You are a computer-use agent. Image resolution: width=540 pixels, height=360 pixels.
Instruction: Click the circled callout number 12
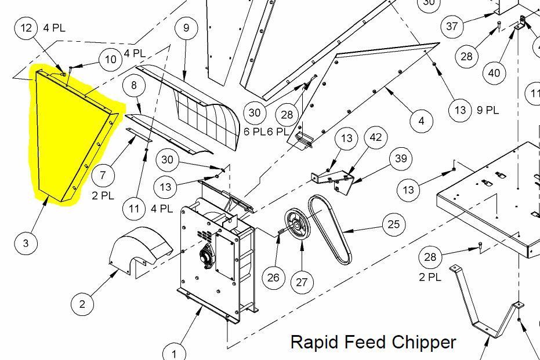[27, 28]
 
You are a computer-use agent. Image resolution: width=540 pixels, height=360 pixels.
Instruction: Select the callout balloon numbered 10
[111, 59]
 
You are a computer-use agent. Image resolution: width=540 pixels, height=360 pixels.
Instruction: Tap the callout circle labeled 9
[186, 28]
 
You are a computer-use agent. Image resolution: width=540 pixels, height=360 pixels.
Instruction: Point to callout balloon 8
[135, 86]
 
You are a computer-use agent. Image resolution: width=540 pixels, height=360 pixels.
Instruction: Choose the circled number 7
[103, 174]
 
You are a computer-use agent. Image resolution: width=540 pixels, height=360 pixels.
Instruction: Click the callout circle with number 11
[135, 208]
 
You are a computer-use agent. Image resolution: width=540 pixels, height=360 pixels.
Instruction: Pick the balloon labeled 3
[26, 243]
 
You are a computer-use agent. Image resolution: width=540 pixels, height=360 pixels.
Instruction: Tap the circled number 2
[82, 303]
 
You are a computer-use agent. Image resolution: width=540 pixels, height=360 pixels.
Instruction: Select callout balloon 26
[273, 278]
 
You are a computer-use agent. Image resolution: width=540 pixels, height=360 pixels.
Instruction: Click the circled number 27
[302, 282]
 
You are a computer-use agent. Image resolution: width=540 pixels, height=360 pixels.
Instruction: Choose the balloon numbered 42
[376, 138]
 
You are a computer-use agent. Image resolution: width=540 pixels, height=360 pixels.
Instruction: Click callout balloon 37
[452, 26]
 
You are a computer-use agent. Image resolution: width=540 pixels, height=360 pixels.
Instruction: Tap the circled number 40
[494, 72]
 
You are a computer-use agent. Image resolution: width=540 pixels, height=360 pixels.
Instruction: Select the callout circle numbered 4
[421, 121]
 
